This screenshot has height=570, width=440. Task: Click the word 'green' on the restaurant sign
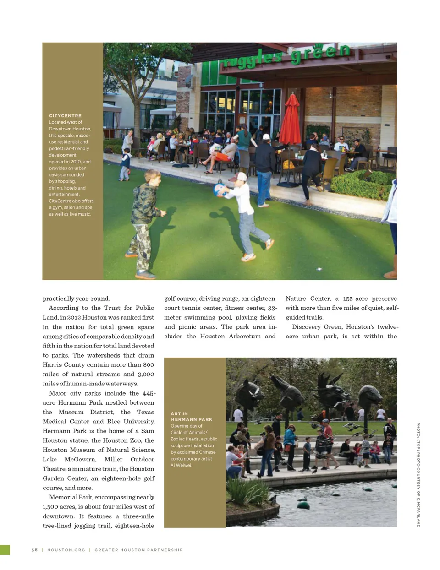[320, 54]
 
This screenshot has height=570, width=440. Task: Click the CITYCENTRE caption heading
[65, 116]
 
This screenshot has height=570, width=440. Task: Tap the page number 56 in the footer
[34, 550]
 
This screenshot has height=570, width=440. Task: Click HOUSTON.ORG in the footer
[66, 550]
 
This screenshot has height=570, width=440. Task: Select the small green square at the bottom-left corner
[5, 550]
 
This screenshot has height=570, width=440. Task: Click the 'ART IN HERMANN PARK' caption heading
[191, 416]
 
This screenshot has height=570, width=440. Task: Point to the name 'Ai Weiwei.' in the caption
[181, 465]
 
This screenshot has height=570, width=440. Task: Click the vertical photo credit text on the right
[418, 475]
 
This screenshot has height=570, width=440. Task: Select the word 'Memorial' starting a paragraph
[62, 497]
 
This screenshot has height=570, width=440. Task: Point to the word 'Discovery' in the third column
[306, 327]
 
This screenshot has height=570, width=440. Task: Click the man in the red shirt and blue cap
[327, 433]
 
